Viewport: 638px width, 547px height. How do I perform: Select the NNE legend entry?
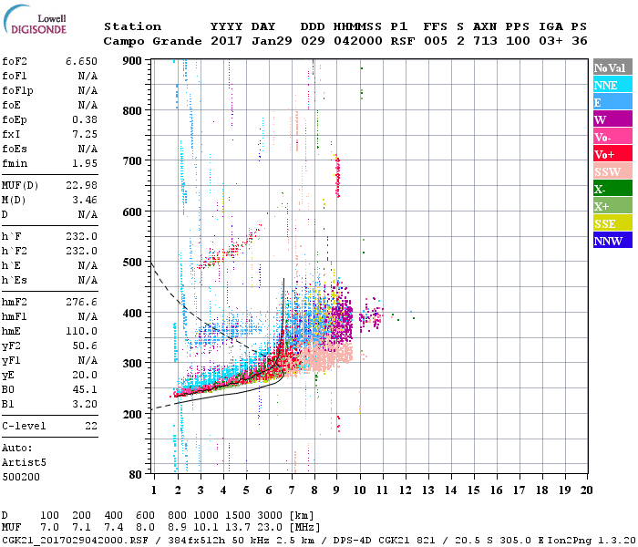(605, 85)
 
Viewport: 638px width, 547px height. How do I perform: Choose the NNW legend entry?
(608, 241)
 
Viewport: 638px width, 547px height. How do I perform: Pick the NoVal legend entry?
(608, 67)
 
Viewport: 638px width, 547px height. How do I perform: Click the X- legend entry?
(601, 189)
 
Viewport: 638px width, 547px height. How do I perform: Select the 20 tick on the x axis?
(586, 490)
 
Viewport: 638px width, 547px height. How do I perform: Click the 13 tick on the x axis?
(428, 490)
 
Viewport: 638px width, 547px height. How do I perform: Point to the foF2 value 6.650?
(81, 60)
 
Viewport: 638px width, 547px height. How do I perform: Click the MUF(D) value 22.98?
(81, 185)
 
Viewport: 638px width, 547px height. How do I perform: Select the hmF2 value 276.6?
(81, 301)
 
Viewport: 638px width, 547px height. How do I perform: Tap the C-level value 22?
(90, 426)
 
